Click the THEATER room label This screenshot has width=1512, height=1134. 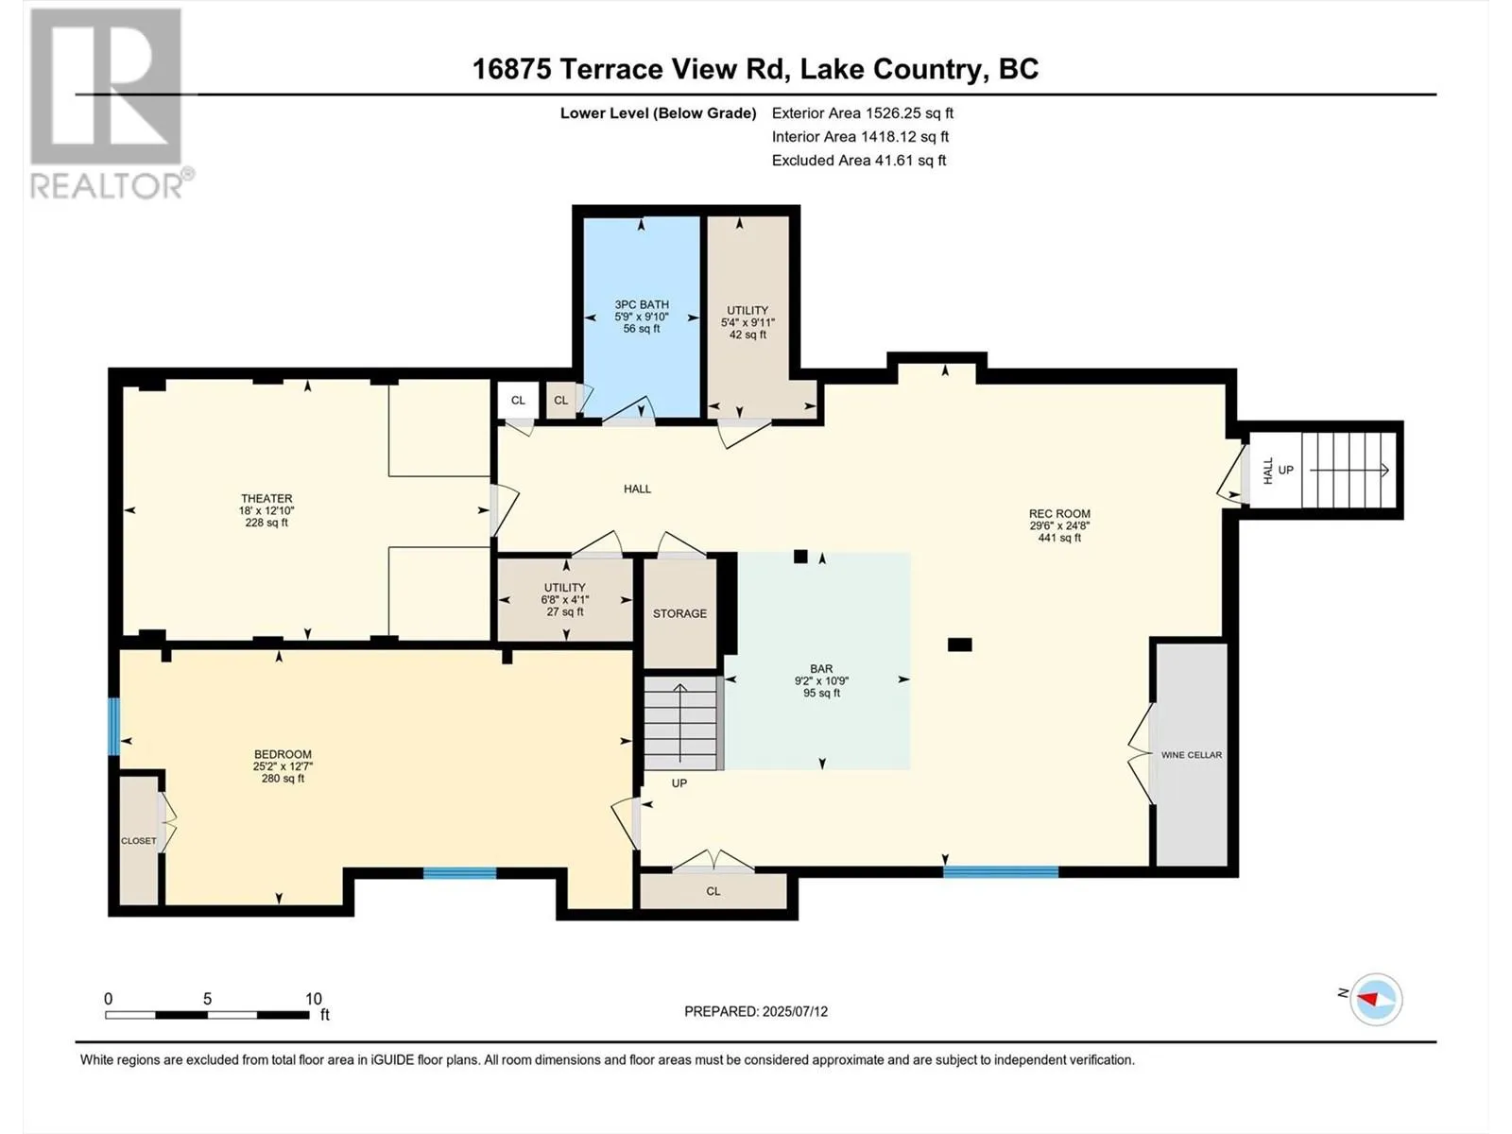pyautogui.click(x=266, y=499)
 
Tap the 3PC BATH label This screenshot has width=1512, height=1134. pyautogui.click(x=642, y=304)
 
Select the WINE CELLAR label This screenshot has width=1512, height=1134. pyautogui.click(x=1192, y=755)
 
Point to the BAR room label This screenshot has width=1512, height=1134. pyautogui.click(x=821, y=668)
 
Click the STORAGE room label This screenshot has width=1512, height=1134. pyautogui.click(x=679, y=613)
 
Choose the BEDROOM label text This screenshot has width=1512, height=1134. pyautogui.click(x=283, y=754)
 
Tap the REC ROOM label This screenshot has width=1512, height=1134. pyautogui.click(x=1059, y=514)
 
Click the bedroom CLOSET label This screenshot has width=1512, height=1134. pyautogui.click(x=139, y=841)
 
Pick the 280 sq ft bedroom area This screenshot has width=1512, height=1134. pyautogui.click(x=283, y=779)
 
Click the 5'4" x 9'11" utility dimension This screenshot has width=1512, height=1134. pyautogui.click(x=747, y=323)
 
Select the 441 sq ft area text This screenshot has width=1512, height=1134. pyautogui.click(x=1059, y=538)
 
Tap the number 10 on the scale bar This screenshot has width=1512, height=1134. pyautogui.click(x=314, y=998)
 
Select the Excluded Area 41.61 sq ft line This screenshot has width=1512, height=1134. pyautogui.click(x=859, y=161)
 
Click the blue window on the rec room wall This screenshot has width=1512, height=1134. pyautogui.click(x=1000, y=872)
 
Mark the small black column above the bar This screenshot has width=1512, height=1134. pyautogui.click(x=800, y=557)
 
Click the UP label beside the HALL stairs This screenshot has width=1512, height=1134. pyautogui.click(x=1285, y=470)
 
